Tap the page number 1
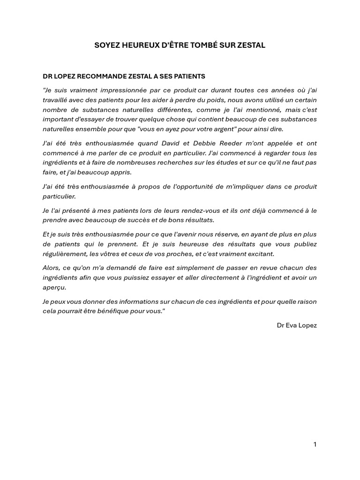pos(315,444)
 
